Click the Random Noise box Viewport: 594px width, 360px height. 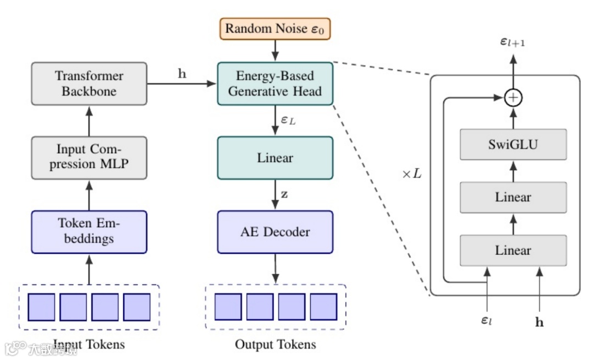pyautogui.click(x=275, y=29)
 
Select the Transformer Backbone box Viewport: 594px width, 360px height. pyautogui.click(x=89, y=84)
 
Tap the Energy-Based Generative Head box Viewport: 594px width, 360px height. pyautogui.click(x=275, y=84)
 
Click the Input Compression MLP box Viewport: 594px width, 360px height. pyautogui.click(x=89, y=157)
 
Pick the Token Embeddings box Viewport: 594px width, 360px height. pyautogui.click(x=89, y=232)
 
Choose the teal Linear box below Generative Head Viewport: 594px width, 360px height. pyautogui.click(x=275, y=158)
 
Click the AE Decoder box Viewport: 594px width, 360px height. pyautogui.click(x=275, y=232)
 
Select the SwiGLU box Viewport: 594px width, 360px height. pyautogui.click(x=513, y=145)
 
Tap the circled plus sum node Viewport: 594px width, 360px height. pyautogui.click(x=513, y=98)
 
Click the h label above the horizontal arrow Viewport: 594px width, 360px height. pyautogui.click(x=182, y=74)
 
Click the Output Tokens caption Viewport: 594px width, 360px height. pyautogui.click(x=275, y=345)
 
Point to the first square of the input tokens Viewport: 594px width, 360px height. pyautogui.click(x=41, y=307)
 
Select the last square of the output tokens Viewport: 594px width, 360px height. pyautogui.click(x=323, y=307)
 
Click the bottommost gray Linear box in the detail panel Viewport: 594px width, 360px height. pyautogui.click(x=513, y=250)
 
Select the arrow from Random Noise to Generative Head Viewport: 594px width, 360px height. pyautogui.click(x=275, y=51)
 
